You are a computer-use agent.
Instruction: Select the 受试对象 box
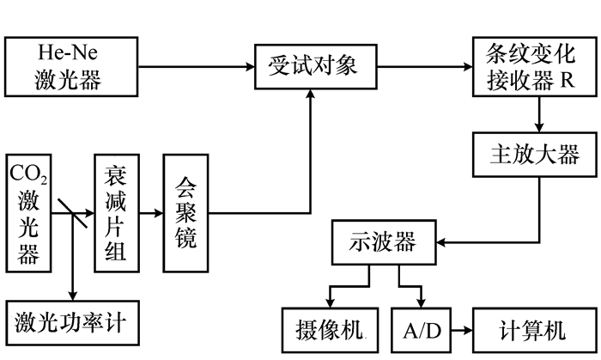tap(307, 65)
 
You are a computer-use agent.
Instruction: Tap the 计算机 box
tap(533, 330)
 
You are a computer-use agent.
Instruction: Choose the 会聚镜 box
tap(185, 212)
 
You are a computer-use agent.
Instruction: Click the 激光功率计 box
tap(70, 322)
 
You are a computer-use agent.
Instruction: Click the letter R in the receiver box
tap(567, 82)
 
